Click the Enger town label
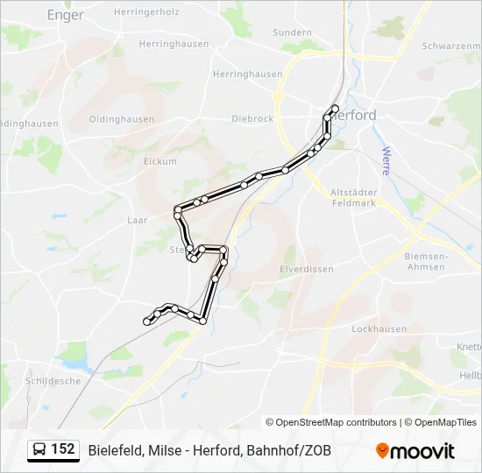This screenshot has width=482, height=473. (65, 15)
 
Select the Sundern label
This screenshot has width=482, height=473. (292, 32)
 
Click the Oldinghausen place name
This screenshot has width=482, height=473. (122, 119)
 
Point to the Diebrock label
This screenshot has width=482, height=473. (252, 119)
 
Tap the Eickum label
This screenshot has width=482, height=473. (159, 161)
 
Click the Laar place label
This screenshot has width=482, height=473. (138, 221)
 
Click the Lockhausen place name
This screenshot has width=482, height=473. (379, 328)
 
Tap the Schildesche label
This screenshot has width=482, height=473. (53, 381)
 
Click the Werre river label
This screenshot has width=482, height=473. (385, 160)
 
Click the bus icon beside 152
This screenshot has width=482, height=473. (39, 450)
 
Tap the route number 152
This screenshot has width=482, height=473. (63, 449)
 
